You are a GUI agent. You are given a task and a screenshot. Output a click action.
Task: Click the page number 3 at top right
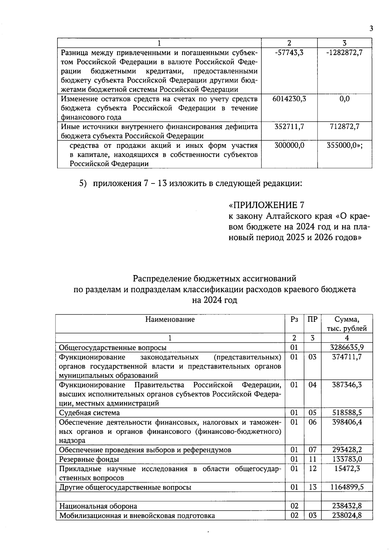point(371,29)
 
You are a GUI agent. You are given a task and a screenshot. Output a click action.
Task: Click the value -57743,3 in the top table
point(289,52)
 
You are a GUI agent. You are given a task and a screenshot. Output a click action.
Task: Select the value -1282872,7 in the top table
point(345,52)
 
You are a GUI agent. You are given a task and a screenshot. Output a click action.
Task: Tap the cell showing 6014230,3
point(289,99)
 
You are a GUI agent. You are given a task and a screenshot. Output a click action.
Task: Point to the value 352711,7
point(289,127)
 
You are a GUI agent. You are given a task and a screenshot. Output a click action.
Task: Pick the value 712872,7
point(345,127)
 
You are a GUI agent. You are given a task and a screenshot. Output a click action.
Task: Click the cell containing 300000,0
point(289,145)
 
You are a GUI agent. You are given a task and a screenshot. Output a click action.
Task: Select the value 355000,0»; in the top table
point(345,145)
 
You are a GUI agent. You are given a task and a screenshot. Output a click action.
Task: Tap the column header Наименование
point(170,319)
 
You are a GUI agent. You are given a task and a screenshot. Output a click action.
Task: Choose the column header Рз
point(294,319)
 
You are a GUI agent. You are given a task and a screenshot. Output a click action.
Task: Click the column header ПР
point(312,319)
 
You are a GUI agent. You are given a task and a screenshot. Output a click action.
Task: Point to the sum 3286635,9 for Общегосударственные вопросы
point(347,347)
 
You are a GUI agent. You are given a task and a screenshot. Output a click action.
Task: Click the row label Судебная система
point(90,413)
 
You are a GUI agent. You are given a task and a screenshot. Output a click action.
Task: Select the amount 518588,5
point(347,413)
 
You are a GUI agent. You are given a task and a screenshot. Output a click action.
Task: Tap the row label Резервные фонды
point(89,459)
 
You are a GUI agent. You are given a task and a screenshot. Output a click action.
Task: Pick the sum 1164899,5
point(347,487)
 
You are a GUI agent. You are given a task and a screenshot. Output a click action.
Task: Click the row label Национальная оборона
point(98,506)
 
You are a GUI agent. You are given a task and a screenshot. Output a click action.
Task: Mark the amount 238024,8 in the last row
point(347,516)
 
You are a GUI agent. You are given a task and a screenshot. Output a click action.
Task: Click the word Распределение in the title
point(162,279)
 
